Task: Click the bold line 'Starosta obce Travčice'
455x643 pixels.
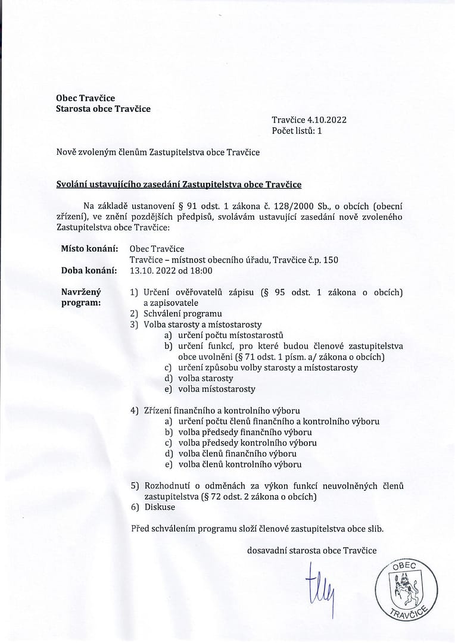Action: pos(103,108)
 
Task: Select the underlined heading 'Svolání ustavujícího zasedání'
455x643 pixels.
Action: pos(179,185)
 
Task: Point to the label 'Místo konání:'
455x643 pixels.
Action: pos(89,248)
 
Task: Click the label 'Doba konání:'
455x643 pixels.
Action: pos(89,270)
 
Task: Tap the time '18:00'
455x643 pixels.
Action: pos(201,270)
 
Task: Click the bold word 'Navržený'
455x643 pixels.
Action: pos(82,292)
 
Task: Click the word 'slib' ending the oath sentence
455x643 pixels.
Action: pos(376,528)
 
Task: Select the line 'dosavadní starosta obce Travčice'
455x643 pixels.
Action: pos(311,551)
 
